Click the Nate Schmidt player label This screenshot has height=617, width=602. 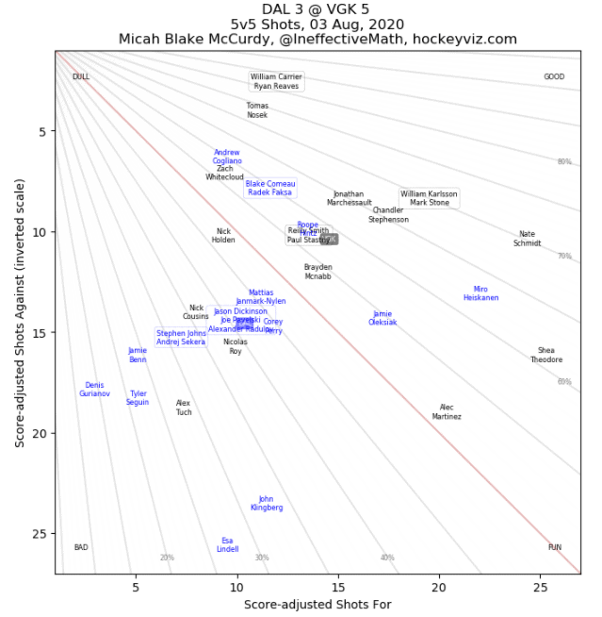click(527, 239)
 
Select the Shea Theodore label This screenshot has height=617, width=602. click(546, 355)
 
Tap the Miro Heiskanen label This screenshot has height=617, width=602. click(480, 293)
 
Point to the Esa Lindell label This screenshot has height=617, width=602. click(227, 544)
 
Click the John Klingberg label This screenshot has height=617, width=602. click(267, 503)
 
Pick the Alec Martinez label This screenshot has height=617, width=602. click(447, 411)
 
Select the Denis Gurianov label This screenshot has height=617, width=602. click(94, 389)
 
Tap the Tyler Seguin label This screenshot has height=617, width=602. click(138, 398)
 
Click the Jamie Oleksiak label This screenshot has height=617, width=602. click(382, 318)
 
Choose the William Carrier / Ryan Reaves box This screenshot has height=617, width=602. click(276, 81)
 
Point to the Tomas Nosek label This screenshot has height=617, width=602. click(257, 110)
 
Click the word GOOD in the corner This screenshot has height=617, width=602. click(554, 76)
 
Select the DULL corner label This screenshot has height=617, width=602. click(81, 76)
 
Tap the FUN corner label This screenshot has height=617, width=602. click(555, 547)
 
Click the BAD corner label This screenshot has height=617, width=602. click(81, 547)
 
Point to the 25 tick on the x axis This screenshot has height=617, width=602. click(540, 587)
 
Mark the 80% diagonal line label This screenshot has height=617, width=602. click(564, 162)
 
